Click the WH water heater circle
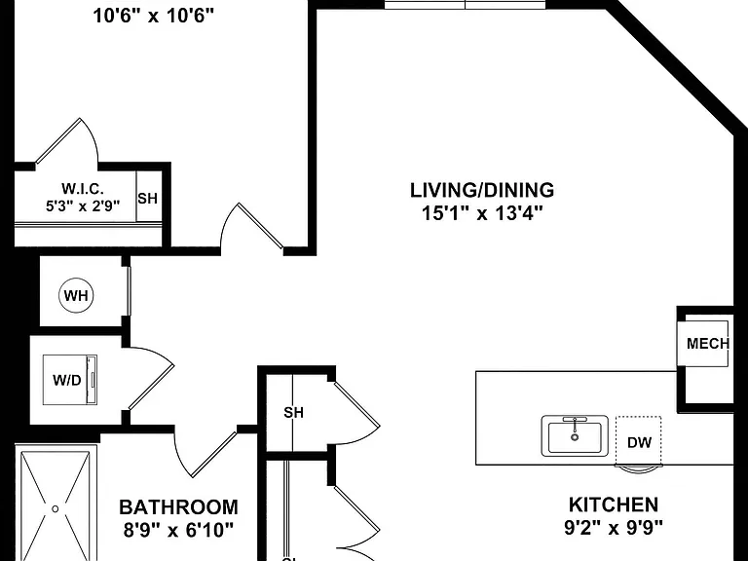click(x=76, y=296)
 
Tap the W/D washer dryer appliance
click(x=70, y=380)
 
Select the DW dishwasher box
click(x=638, y=441)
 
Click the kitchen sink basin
click(x=575, y=436)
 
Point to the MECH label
click(x=708, y=344)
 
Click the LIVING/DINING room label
click(x=482, y=190)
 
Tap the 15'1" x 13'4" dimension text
click(x=482, y=212)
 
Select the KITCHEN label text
click(x=614, y=505)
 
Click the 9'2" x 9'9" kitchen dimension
click(x=614, y=528)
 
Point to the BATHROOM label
click(x=178, y=507)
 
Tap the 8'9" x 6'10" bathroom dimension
click(x=178, y=530)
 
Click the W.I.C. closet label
click(x=83, y=189)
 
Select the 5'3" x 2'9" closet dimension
click(x=83, y=206)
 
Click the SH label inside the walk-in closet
click(x=147, y=198)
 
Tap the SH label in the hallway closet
click(x=293, y=413)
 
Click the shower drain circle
click(x=55, y=509)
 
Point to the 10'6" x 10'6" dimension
click(x=153, y=17)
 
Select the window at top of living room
click(x=466, y=4)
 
